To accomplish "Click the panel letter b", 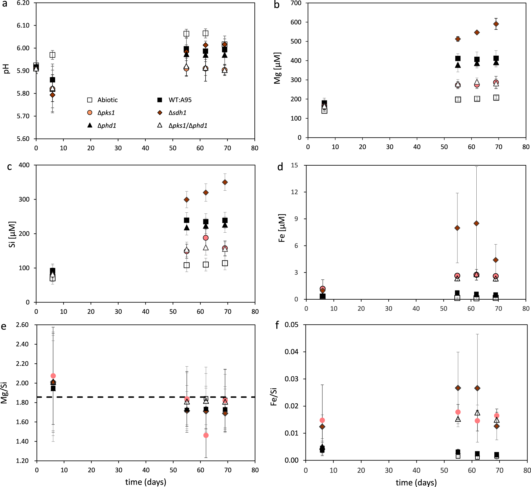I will click(276, 5).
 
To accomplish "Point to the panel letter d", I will click(280, 167).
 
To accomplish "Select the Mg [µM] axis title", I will click(277, 68).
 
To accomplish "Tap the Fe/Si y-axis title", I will click(274, 397).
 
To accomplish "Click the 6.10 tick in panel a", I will click(23, 25).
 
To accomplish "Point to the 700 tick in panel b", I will click(296, 3).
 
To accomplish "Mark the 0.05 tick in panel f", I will click(292, 325).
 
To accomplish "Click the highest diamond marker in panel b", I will click(496, 24).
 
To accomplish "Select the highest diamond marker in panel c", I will click(225, 182).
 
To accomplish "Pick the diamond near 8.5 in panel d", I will click(476, 223).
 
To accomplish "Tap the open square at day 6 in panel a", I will click(52, 55).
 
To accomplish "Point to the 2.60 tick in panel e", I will click(22, 325).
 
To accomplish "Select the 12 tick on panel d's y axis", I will click(294, 192).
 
